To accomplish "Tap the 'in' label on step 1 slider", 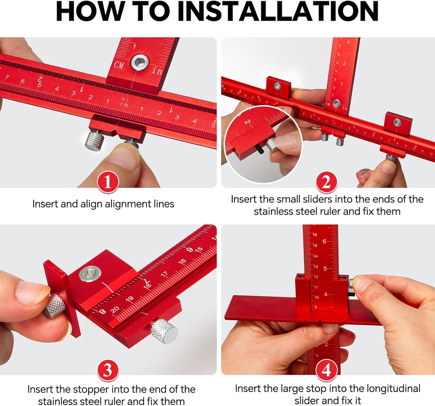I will (x=157, y=71).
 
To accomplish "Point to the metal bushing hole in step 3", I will (x=90, y=274).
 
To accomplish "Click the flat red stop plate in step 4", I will (x=261, y=309).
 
